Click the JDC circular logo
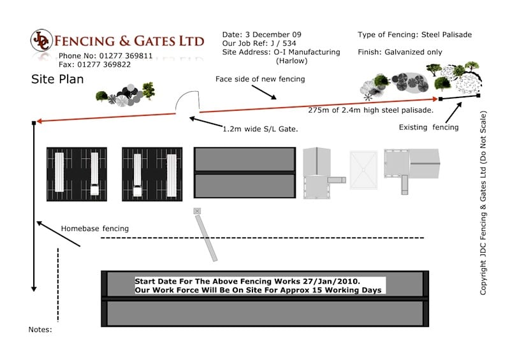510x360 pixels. [x=41, y=40]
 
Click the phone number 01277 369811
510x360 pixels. [x=126, y=55]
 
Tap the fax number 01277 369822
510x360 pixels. [x=104, y=64]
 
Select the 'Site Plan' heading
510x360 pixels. [x=57, y=79]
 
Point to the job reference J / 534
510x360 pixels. [x=283, y=43]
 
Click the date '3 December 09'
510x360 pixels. [x=273, y=34]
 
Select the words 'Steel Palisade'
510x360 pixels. [x=447, y=34]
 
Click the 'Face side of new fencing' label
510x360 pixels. [x=260, y=79]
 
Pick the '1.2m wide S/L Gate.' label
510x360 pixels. [x=260, y=129]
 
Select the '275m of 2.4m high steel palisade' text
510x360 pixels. [x=371, y=110]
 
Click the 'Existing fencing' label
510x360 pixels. [x=428, y=127]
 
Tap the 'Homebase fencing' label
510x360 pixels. [x=94, y=229]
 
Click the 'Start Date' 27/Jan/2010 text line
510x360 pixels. [x=247, y=281]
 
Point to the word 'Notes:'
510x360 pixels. [x=40, y=329]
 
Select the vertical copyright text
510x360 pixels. [x=483, y=203]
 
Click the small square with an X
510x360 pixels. [x=197, y=211]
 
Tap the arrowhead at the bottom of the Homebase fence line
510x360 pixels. [x=34, y=289]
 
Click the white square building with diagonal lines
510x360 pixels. [x=363, y=169]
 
